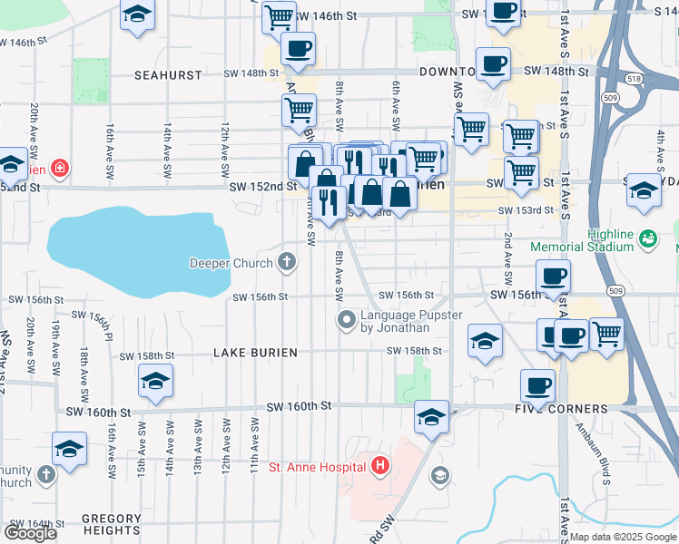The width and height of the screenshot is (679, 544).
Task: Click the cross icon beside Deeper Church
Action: coord(287,263)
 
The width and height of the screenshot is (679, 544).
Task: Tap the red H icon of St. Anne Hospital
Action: coord(380,467)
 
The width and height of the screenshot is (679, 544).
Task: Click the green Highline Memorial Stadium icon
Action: coord(647,239)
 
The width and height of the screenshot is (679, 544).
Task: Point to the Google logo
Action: coord(30,533)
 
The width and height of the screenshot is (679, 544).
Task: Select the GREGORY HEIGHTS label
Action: coord(112,520)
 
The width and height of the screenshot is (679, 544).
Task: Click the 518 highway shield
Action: coord(633,80)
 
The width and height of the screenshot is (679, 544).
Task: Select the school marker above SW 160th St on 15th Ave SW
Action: coord(156,381)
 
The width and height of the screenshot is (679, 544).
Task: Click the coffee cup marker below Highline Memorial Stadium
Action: coord(552,275)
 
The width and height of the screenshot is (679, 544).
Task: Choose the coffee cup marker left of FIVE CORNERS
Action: coord(537,384)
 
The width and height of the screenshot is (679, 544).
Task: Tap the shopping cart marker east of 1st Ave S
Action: coord(606,333)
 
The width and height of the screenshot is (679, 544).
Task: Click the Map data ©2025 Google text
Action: coord(623,537)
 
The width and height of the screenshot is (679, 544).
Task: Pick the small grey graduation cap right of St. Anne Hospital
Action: coord(440,475)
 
